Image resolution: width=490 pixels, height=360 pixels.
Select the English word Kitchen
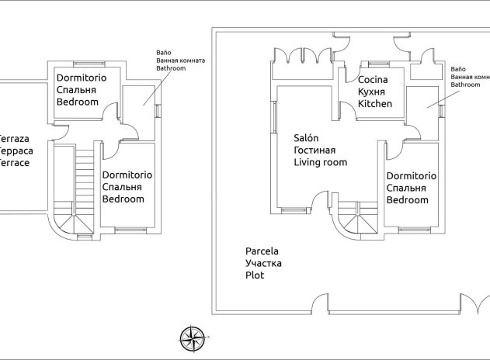tap(375, 103)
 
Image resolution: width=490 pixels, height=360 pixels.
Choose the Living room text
tap(320, 162)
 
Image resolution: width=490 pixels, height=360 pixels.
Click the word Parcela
tap(262, 251)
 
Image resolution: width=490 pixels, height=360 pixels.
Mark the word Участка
tap(263, 264)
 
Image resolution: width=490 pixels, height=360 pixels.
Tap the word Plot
tap(255, 275)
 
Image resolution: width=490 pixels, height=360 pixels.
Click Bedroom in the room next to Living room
tap(408, 200)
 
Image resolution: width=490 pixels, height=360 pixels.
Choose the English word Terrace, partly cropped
tap(16, 163)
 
